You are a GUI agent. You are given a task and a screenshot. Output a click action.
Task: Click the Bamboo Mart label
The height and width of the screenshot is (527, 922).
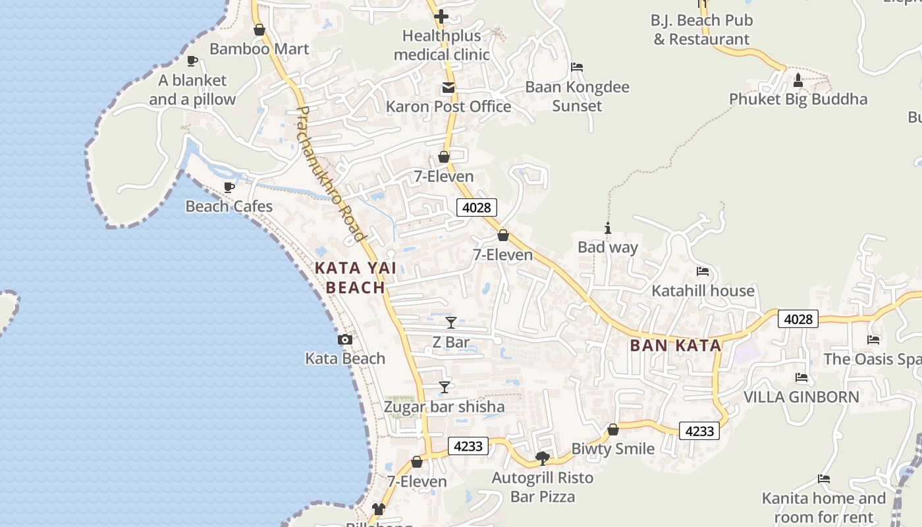pyautogui.click(x=259, y=49)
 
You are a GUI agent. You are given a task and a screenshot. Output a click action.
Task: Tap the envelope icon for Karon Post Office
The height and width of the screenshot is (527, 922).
pyautogui.click(x=448, y=88)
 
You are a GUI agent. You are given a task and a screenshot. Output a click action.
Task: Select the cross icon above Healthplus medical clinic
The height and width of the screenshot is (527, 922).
pyautogui.click(x=441, y=16)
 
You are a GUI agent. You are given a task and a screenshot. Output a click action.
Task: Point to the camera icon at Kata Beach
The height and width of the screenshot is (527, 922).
pyautogui.click(x=344, y=340)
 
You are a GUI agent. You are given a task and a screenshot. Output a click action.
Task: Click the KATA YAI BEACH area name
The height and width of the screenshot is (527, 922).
pyautogui.click(x=356, y=277)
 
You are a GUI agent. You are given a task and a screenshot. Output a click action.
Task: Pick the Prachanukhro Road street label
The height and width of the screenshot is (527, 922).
pyautogui.click(x=331, y=174)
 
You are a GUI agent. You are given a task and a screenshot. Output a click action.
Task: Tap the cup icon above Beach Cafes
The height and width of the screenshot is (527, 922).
pyautogui.click(x=229, y=188)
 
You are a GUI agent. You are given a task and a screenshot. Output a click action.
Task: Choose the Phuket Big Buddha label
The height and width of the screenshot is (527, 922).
pyautogui.click(x=798, y=99)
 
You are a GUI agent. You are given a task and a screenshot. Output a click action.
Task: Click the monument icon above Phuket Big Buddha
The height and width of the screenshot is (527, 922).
pyautogui.click(x=798, y=80)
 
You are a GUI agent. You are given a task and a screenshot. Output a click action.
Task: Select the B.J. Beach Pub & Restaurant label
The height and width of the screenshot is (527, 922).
pyautogui.click(x=701, y=30)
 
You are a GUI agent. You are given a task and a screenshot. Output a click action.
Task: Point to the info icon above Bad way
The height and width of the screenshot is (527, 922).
pyautogui.click(x=608, y=229)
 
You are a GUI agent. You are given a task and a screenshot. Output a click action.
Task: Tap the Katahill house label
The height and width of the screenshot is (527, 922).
pyautogui.click(x=703, y=291)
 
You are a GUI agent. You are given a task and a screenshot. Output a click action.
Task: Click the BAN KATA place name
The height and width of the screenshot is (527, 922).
pyautogui.click(x=676, y=345)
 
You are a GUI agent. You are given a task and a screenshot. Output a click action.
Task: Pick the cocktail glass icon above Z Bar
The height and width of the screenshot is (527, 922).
pyautogui.click(x=451, y=323)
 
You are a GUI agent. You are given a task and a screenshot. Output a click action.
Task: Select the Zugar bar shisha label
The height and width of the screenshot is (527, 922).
pyautogui.click(x=445, y=406)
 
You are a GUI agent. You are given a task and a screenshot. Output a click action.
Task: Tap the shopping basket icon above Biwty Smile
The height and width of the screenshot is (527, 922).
pyautogui.click(x=613, y=430)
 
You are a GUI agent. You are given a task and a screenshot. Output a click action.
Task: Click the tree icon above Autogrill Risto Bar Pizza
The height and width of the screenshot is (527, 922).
pyautogui.click(x=543, y=458)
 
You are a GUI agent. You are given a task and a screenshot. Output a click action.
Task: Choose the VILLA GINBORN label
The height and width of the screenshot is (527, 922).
pyautogui.click(x=801, y=397)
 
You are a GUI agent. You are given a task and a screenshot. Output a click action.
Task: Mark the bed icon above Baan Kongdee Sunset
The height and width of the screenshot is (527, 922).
pyautogui.click(x=577, y=67)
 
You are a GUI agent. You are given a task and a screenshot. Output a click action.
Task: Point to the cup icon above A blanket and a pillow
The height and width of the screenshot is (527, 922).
pyautogui.click(x=192, y=61)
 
